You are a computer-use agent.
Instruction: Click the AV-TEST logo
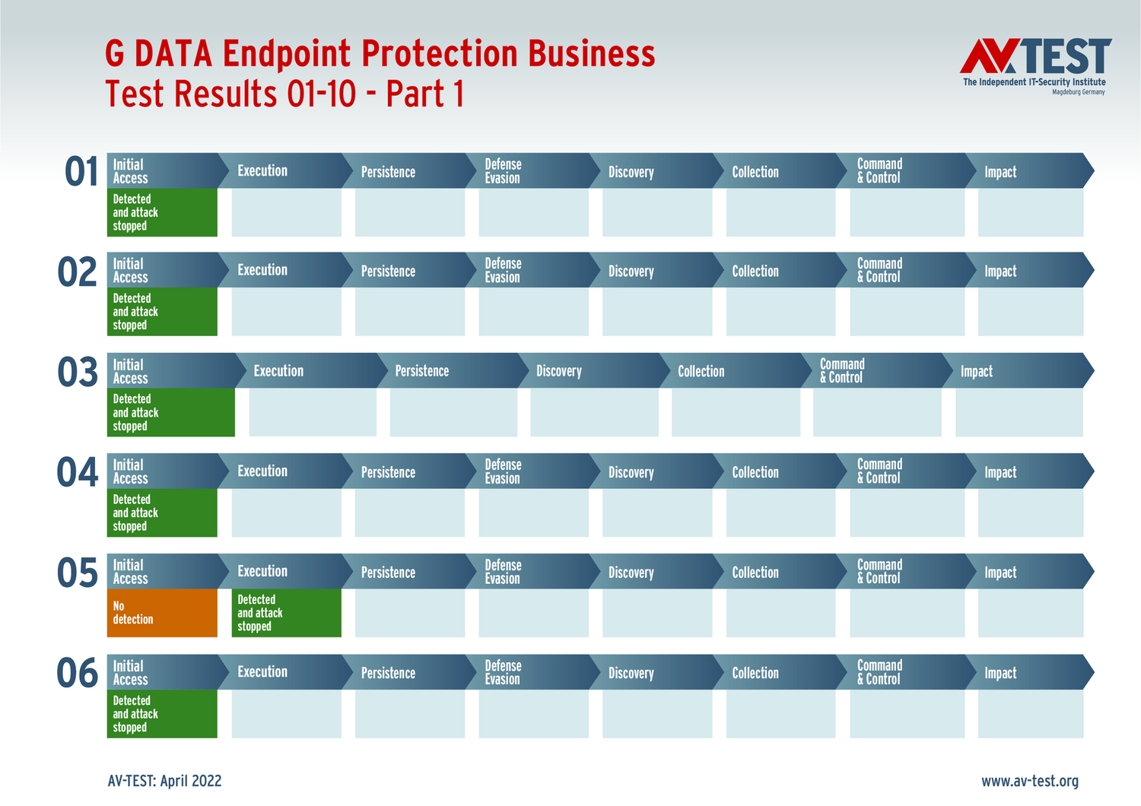1035,65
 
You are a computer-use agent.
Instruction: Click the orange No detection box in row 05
162,613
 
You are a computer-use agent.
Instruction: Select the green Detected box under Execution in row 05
286,613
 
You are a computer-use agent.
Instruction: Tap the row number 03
78,373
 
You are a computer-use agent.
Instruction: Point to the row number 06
78,674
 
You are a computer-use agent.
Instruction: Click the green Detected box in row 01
162,213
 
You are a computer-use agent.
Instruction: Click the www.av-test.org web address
1029,781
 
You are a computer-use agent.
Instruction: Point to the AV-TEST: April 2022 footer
165,781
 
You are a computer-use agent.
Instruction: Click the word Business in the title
591,54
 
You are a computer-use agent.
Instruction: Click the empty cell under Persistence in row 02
410,312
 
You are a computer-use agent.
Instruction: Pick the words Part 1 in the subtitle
424,94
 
